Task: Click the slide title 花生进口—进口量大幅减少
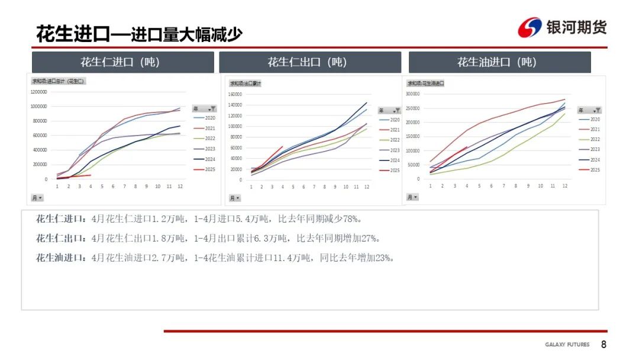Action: [139, 34]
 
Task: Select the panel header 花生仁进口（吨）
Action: [122, 62]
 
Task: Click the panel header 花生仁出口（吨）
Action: [309, 62]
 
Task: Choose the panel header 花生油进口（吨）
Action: [499, 62]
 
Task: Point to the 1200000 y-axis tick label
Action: [38, 92]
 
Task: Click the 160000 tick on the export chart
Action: [235, 94]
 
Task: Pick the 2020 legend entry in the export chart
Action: [395, 120]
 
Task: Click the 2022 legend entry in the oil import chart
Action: [595, 139]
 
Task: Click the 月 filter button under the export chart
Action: [235, 198]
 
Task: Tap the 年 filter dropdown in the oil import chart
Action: [589, 110]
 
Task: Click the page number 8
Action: [603, 345]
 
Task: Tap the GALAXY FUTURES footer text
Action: [567, 345]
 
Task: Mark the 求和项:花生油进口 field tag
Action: [425, 83]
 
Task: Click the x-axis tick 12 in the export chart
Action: [366, 187]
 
